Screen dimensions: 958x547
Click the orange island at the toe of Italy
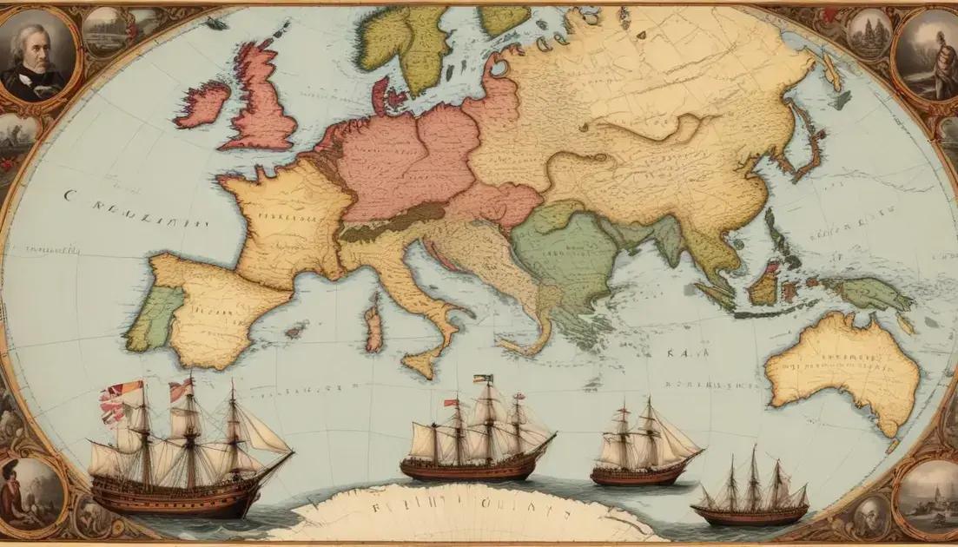[x=422, y=363]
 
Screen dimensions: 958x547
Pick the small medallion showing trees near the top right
[x=869, y=35]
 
